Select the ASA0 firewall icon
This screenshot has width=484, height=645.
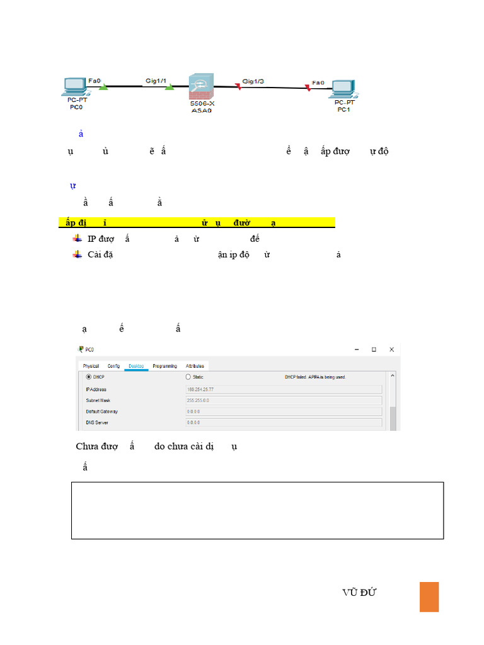(202, 86)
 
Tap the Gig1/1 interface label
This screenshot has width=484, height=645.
(156, 81)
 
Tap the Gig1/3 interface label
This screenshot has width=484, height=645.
(253, 81)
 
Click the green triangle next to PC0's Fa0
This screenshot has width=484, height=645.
(104, 86)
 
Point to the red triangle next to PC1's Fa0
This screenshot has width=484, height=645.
(308, 89)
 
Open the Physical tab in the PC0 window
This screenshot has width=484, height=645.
(91, 366)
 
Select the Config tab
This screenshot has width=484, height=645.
(114, 366)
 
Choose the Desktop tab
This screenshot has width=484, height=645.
(136, 366)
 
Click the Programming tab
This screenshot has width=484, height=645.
(164, 366)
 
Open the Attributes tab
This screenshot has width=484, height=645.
(195, 366)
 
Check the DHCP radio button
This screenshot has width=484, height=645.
(88, 377)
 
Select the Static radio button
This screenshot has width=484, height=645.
(188, 377)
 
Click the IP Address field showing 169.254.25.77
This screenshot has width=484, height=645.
(284, 389)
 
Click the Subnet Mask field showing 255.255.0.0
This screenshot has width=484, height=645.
(284, 401)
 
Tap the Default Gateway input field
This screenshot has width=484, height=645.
(284, 412)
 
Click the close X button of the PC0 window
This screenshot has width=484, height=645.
(391, 349)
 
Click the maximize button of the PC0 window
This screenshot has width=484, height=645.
(374, 349)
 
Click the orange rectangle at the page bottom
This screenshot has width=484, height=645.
(429, 596)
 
